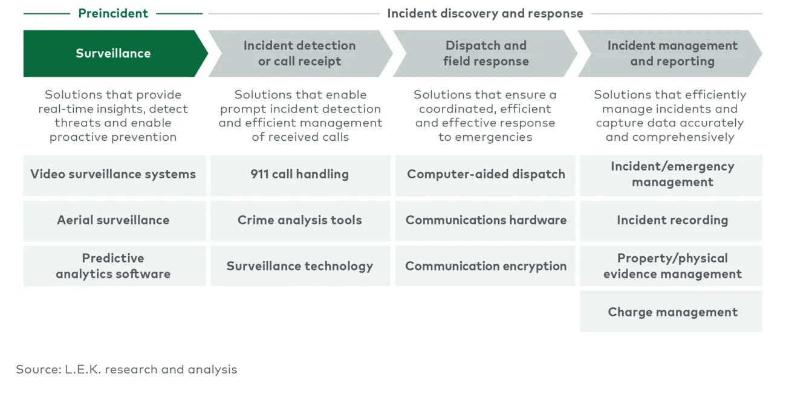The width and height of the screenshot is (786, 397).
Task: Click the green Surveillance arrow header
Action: [113, 54]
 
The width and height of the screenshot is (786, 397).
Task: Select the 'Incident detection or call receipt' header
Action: [299, 54]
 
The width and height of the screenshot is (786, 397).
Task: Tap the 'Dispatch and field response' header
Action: [486, 54]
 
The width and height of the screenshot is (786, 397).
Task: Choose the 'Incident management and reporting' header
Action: [672, 54]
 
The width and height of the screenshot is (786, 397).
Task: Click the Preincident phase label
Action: [113, 13]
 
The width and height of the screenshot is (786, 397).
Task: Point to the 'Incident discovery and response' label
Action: [485, 13]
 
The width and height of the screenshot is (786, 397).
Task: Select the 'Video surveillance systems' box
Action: [113, 175]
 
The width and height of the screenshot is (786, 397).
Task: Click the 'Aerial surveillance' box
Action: [113, 221]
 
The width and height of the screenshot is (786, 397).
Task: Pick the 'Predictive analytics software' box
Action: [113, 266]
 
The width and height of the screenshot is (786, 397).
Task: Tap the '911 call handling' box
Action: [299, 175]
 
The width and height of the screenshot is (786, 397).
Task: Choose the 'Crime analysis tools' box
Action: [299, 221]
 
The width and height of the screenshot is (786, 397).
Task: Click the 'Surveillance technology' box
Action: [299, 266]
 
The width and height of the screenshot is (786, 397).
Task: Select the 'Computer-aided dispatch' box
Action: [486, 175]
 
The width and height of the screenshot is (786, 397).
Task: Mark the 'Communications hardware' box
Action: [486, 221]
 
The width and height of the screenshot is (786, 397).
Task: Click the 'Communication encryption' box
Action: [486, 266]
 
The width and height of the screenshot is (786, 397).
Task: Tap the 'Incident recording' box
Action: [672, 221]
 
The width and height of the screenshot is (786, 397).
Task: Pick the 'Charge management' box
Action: [672, 312]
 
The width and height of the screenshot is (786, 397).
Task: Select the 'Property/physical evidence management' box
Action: [672, 266]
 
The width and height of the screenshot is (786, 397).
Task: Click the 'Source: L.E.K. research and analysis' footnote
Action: [126, 369]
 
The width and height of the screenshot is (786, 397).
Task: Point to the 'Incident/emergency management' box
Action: [672, 175]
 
